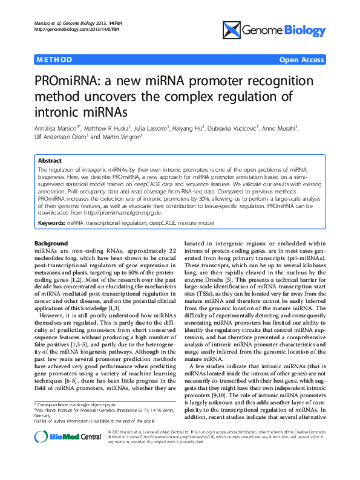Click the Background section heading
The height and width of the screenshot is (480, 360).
coord(51,243)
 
